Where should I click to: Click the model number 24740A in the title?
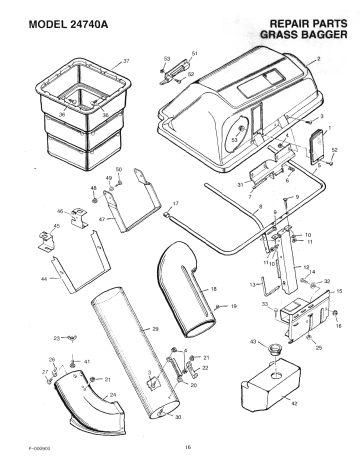tap(88, 20)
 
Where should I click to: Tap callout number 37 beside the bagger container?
tap(126, 61)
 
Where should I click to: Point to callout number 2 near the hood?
tap(317, 61)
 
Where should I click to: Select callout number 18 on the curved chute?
tap(213, 288)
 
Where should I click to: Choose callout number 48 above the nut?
tap(94, 188)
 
